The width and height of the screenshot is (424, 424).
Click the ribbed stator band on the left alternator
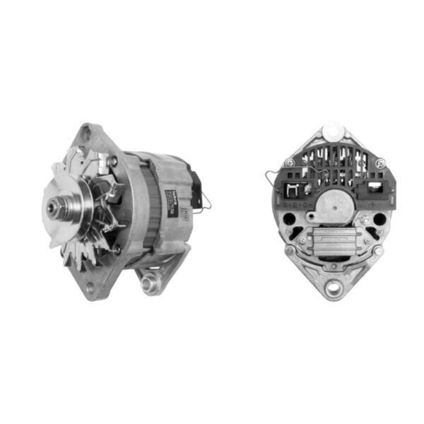[150, 205]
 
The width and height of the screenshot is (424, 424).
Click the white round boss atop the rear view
[333, 134]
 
